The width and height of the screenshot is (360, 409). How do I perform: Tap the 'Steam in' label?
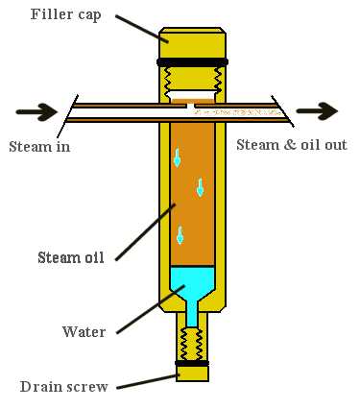[39, 147]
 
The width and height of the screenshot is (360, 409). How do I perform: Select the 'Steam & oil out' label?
[291, 145]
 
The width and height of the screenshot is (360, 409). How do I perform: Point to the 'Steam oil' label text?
[70, 256]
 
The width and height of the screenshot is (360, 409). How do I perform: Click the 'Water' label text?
[84, 332]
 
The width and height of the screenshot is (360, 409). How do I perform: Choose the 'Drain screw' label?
[63, 387]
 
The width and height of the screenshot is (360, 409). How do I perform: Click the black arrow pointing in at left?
[36, 112]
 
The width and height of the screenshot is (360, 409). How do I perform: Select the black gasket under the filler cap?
[192, 62]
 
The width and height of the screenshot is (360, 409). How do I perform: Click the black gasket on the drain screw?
[191, 364]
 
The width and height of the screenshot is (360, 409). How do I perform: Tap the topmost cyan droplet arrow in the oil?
[177, 158]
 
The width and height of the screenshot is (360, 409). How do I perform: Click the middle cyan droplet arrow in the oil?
[200, 186]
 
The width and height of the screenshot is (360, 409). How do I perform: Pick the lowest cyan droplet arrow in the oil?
[180, 234]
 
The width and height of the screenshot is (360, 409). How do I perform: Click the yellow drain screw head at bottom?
[191, 374]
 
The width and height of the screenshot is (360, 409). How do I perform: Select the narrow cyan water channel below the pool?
[191, 310]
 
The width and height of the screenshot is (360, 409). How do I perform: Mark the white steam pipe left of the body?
[115, 112]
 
